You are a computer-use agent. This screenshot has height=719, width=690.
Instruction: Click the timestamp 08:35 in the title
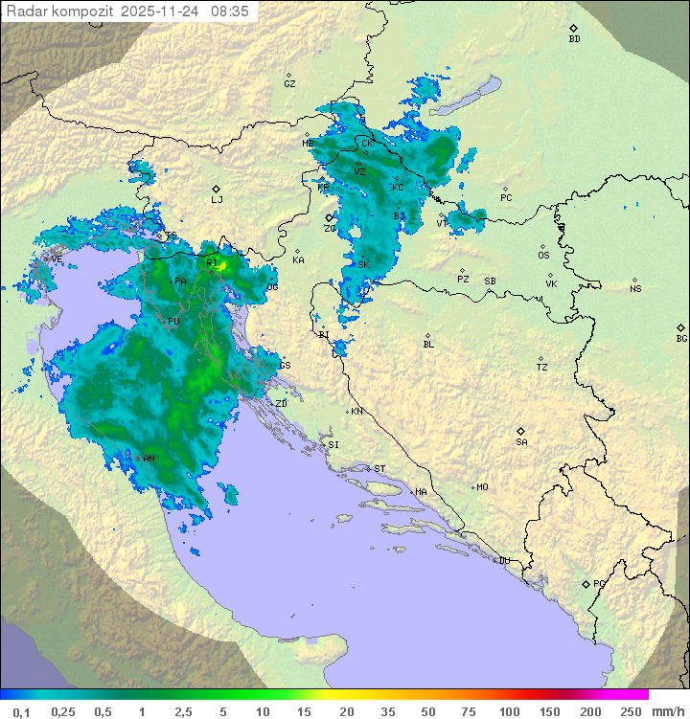click(230, 11)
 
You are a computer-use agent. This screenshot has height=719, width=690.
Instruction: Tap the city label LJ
click(217, 199)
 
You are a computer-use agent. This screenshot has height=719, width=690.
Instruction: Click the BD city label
click(574, 39)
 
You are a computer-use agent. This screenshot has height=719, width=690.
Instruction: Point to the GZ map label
click(289, 83)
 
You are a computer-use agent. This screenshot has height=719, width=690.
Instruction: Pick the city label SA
click(521, 442)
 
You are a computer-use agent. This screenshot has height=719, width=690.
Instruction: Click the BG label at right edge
click(681, 338)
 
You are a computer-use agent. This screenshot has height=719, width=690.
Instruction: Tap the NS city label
click(635, 289)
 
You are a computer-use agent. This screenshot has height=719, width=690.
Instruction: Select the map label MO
click(482, 486)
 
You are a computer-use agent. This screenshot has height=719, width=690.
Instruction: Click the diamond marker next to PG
click(586, 583)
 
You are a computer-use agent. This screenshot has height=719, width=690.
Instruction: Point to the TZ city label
click(542, 368)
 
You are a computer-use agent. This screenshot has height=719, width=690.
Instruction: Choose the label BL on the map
click(428, 344)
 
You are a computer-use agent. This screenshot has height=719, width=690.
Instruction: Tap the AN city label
click(149, 459)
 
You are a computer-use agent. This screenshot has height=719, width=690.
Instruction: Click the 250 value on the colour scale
click(630, 711)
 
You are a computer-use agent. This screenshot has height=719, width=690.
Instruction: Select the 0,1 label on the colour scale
click(20, 711)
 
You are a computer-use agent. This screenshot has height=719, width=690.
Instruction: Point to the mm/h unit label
click(667, 711)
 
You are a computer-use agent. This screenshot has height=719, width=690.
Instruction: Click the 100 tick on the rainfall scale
click(510, 711)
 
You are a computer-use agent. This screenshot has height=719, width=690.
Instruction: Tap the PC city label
click(506, 198)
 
